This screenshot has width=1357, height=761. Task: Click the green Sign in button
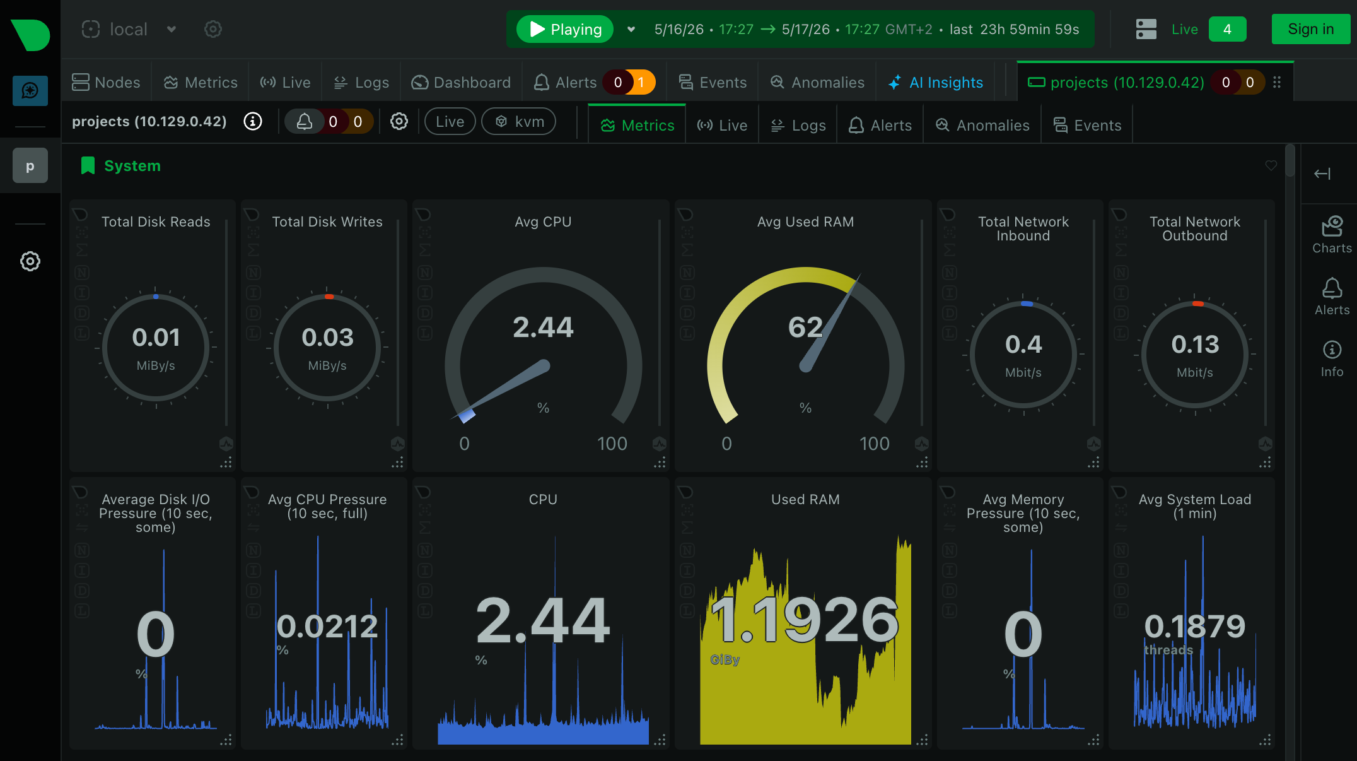(1310, 29)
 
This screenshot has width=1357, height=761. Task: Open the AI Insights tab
(936, 83)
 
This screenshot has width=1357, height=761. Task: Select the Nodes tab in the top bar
(106, 83)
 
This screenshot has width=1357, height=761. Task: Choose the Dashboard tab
(461, 83)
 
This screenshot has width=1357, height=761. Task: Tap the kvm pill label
(519, 121)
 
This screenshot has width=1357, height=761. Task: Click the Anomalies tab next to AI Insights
(817, 83)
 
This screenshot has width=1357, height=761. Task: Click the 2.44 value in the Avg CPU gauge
(543, 327)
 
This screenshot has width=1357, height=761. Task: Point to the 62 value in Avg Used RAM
(805, 327)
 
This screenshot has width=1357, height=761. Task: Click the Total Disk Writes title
(327, 221)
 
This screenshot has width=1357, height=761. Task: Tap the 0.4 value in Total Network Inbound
(1023, 345)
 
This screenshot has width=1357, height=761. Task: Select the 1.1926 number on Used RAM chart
(805, 620)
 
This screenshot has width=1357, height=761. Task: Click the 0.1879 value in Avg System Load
(1195, 627)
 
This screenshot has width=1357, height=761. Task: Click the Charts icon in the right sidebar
(1332, 227)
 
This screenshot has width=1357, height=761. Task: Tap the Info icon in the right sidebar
(1332, 350)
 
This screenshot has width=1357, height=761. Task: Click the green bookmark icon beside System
(88, 166)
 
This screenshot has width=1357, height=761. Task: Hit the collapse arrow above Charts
(1322, 174)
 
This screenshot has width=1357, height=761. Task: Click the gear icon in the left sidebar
(30, 261)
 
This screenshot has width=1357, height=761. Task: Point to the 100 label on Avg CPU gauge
(612, 444)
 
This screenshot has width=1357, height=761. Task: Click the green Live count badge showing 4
(1227, 29)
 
